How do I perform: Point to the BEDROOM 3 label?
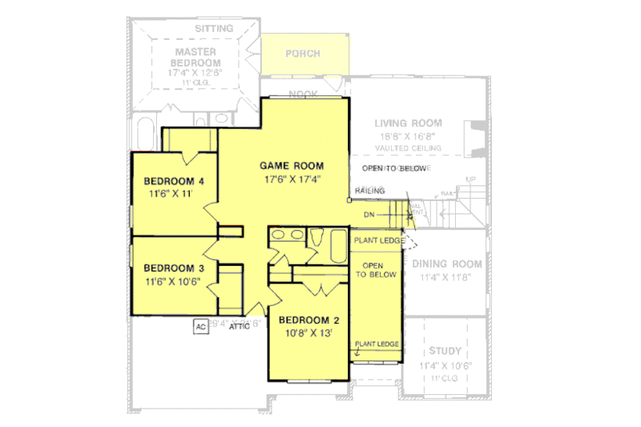tap(174, 268)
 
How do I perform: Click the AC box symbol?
tap(200, 326)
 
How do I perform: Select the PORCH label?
tap(302, 54)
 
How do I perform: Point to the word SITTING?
tap(214, 29)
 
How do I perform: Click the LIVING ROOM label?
tap(408, 123)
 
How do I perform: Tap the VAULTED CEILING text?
tap(408, 150)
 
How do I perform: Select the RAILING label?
tap(369, 191)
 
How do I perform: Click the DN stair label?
tap(369, 215)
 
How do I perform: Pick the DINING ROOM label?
tap(446, 264)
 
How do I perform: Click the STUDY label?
tap(445, 351)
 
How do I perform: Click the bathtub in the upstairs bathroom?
tap(316, 240)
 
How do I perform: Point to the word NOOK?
tap(303, 95)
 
